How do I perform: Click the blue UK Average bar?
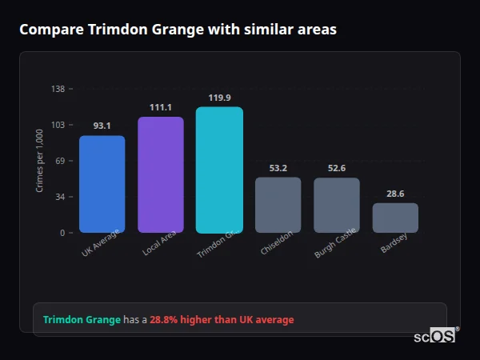(x=102, y=184)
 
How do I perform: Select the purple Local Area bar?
(x=160, y=174)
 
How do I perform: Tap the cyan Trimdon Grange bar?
(x=219, y=170)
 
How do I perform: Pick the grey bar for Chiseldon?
(x=278, y=205)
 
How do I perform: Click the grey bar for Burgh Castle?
(x=336, y=205)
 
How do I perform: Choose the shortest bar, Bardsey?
(x=395, y=218)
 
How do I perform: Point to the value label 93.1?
(x=102, y=126)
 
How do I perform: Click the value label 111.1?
(x=160, y=107)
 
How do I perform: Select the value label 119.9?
(x=219, y=98)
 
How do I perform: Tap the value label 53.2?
(x=278, y=168)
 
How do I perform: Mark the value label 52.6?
(x=336, y=168)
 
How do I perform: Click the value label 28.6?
(x=395, y=194)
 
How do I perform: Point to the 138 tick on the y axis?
(x=58, y=89)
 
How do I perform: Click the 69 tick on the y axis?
(x=60, y=161)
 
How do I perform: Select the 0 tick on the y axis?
(x=62, y=233)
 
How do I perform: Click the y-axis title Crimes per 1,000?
(x=40, y=160)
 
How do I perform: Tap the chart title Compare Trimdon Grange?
(x=178, y=30)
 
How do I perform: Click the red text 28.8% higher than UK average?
(x=222, y=320)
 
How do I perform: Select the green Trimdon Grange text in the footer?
(x=82, y=320)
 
